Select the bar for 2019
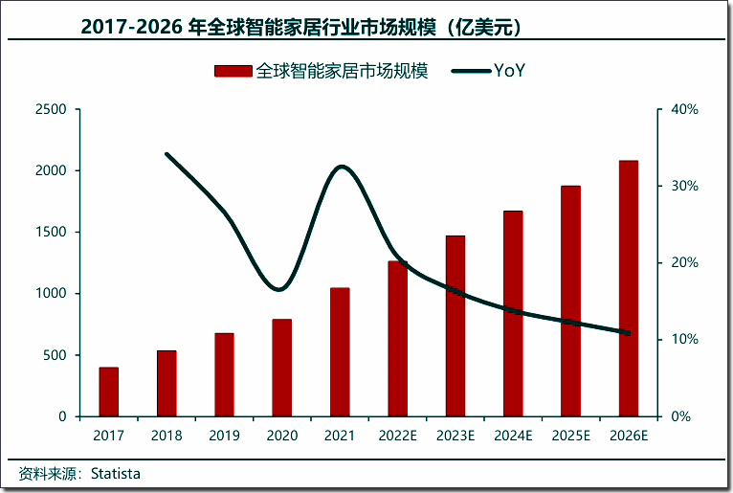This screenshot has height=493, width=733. pos(224,374)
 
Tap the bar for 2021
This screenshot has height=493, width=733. pos(340,351)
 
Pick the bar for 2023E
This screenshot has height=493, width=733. pos(455,325)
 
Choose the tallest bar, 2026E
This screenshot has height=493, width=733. pos(628,288)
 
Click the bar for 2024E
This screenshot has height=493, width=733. pos(513,313)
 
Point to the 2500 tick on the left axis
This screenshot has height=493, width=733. pos(52,109)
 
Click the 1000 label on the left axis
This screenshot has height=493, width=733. pos(52,294)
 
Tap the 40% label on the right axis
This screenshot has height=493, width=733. pos(684,109)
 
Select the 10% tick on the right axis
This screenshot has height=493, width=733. pos(684,340)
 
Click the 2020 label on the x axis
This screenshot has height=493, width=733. pos(281,436)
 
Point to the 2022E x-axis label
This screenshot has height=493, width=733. pos(397,436)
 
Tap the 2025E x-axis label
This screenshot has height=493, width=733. pos(570,436)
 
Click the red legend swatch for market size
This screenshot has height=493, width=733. pos(233,71)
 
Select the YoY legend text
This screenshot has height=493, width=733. pos(509,71)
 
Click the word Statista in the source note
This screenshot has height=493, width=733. pos(122,473)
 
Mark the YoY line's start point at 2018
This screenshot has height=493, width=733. pos(167,154)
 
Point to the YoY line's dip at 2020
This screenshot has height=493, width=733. pos(278,289)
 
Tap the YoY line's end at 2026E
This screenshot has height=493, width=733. pos(628,333)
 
